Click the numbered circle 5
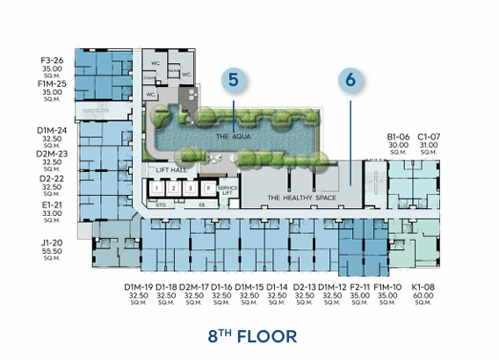click(x=233, y=79)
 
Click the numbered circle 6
click(x=350, y=79)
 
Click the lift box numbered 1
click(x=155, y=188)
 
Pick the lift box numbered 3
click(x=189, y=188)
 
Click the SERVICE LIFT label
click(x=228, y=190)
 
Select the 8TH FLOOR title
click(x=252, y=335)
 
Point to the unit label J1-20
click(x=51, y=242)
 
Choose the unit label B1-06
click(x=400, y=137)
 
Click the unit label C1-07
click(x=428, y=137)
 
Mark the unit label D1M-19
click(x=139, y=287)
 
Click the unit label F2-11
click(x=359, y=287)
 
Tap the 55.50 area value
click(x=51, y=250)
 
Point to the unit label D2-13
click(x=305, y=287)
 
